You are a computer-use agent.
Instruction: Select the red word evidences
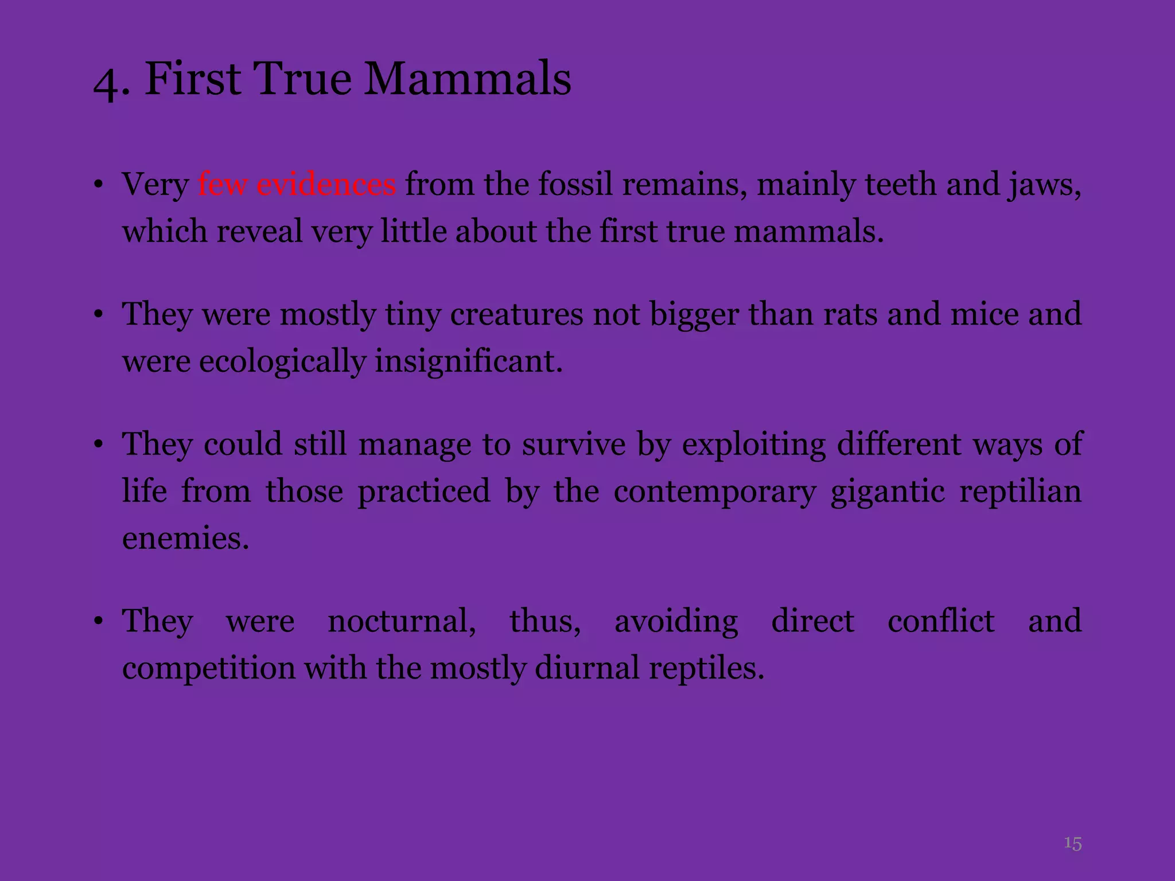click(x=326, y=184)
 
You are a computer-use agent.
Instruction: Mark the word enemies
click(x=185, y=539)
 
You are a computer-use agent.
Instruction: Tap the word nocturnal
click(x=402, y=621)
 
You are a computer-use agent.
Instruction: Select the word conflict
click(x=941, y=621)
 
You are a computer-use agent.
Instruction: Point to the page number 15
click(x=1072, y=843)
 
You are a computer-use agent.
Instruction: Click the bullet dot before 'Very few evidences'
click(x=99, y=185)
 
